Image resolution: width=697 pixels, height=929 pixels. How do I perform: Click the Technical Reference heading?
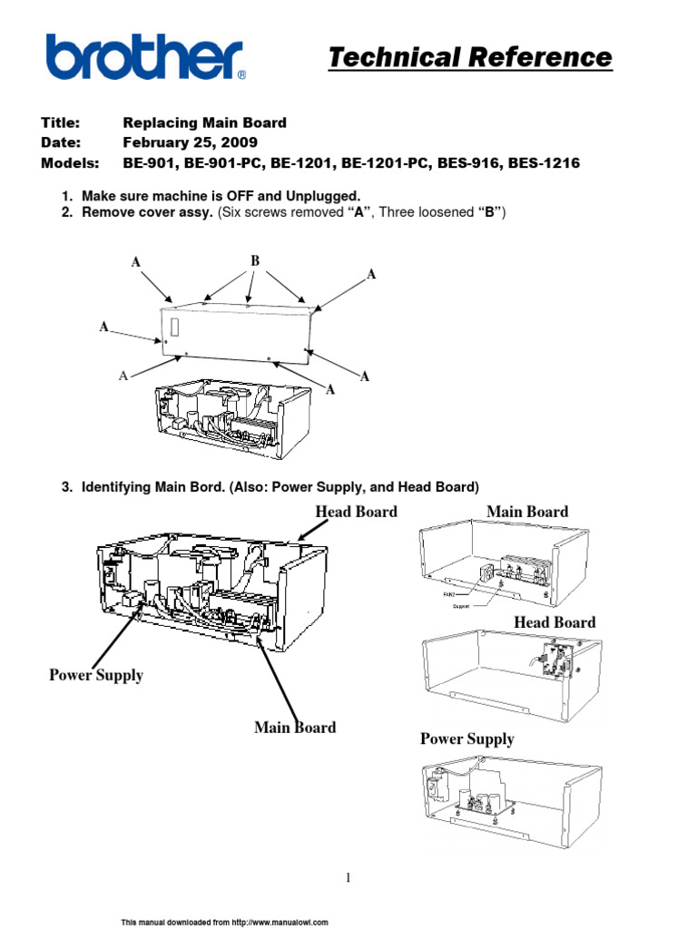[469, 58]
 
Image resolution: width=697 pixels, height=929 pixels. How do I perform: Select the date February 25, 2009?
[190, 143]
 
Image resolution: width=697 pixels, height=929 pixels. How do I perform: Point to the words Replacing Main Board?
[204, 122]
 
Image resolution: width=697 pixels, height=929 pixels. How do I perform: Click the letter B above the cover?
[255, 261]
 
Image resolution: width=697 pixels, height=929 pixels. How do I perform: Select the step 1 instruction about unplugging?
[221, 196]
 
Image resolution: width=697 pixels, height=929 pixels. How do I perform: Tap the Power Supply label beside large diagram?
[96, 676]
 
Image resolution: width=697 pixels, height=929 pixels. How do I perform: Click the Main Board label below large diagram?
[295, 728]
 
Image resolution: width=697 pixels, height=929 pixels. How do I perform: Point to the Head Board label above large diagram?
[356, 512]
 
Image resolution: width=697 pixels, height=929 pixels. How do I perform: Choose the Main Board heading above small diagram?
[527, 512]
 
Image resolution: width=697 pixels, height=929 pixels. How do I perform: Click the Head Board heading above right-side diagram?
[555, 622]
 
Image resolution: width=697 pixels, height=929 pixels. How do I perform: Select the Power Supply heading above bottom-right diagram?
[466, 739]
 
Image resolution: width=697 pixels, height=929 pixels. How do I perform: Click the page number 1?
[348, 877]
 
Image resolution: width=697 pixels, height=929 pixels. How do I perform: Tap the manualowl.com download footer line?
[225, 922]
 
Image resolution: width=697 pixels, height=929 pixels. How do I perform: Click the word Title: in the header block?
[61, 122]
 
